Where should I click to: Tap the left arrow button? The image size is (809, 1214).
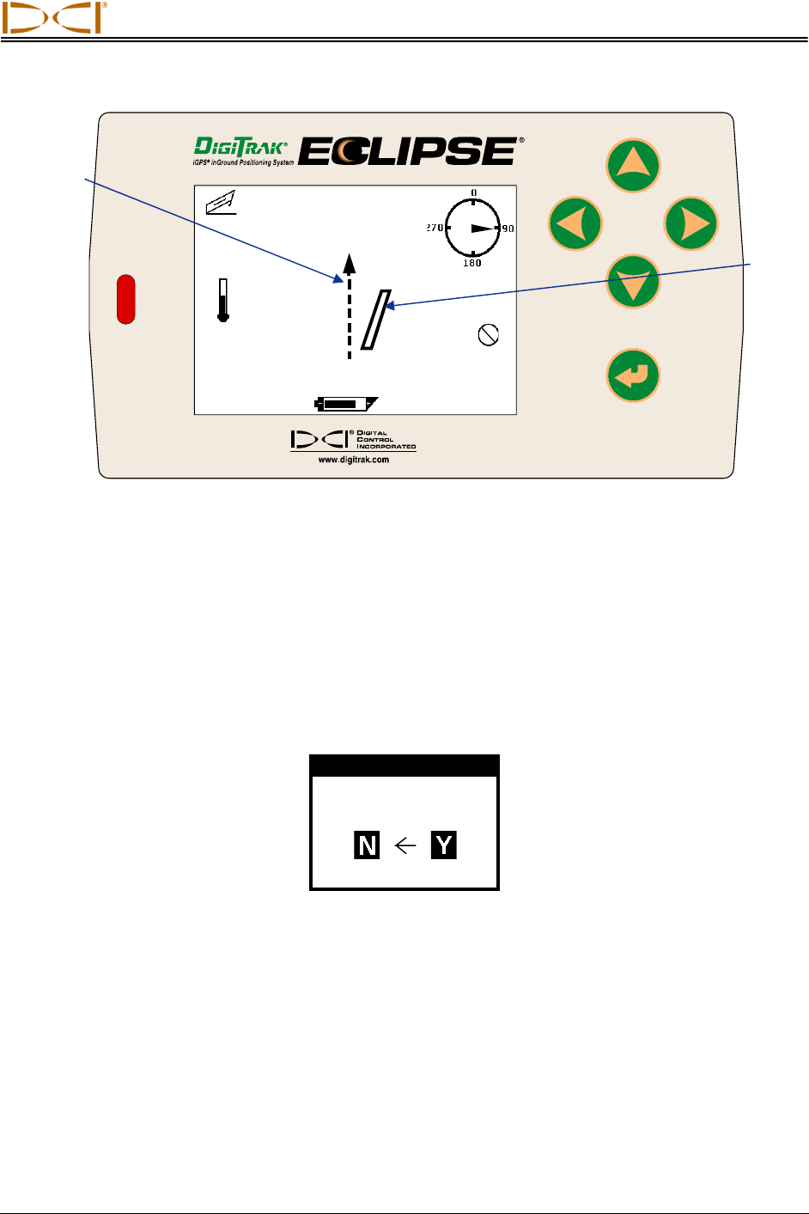575,223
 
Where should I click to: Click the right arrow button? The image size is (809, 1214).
690,223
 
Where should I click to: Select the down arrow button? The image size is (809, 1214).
633,282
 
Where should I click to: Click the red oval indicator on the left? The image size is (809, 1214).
125,299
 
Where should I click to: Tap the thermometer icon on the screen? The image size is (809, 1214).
223,300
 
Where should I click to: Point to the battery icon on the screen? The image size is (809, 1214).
346,402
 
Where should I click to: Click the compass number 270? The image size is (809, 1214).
435,229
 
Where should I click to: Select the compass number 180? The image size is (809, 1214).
472,263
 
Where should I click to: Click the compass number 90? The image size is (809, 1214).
508,229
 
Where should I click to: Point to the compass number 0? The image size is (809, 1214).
473,193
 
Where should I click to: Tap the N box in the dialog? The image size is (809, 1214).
367,845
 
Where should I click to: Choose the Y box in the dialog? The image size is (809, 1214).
443,845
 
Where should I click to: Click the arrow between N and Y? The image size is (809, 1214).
404,845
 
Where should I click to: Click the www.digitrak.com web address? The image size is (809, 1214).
353,460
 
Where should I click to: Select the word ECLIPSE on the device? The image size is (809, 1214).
409,152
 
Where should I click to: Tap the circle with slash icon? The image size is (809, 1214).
488,334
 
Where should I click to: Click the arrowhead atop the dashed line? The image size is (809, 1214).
349,261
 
